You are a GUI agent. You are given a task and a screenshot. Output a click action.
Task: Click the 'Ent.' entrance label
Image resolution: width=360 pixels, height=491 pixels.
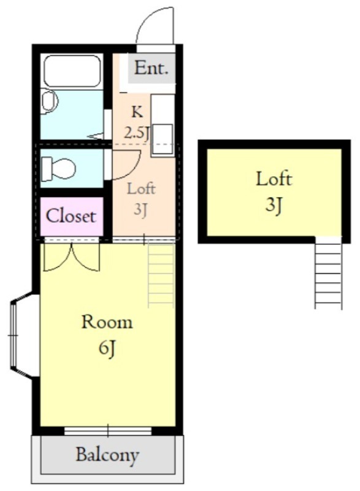pos(151,68)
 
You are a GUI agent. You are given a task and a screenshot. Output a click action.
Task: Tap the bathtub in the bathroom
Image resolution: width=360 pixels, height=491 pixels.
pos(72,71)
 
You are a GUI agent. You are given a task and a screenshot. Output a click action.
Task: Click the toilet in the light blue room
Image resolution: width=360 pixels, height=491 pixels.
pos(58,168)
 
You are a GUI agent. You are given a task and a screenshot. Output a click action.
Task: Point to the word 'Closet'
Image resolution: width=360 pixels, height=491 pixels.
pos(71,216)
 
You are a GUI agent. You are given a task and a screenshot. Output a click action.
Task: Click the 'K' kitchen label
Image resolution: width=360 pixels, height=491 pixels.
pos(137,112)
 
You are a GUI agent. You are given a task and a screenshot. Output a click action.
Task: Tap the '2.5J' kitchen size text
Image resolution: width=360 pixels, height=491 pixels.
pos(136,133)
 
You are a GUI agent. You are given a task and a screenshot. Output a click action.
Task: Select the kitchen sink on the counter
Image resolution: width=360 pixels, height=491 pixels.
pos(163,139)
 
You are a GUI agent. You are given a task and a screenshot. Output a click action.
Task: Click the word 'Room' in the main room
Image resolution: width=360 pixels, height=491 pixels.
pos(107,323)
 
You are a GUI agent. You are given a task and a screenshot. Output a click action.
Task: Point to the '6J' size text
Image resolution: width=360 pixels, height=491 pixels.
pos(107,348)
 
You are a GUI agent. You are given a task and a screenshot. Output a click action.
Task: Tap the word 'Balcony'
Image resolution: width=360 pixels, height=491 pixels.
pos(107,455)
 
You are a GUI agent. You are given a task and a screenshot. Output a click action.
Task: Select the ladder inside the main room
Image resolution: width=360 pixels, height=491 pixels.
pos(161,275)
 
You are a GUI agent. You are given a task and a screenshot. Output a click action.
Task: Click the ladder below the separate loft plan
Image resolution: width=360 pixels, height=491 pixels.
pos(328,273)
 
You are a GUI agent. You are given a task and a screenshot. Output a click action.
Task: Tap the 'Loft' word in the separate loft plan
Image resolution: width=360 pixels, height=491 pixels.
pos(274,179)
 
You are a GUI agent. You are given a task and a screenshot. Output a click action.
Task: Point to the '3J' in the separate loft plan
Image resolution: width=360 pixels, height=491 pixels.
pos(274,206)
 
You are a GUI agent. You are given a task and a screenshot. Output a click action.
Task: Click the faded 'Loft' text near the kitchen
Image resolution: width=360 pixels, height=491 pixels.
pos(141,189)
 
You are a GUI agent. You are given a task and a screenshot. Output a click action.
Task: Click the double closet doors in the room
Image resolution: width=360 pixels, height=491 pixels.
pos(72,257)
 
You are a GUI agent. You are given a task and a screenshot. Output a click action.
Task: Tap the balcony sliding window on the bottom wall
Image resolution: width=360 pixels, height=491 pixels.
pos(108,431)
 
